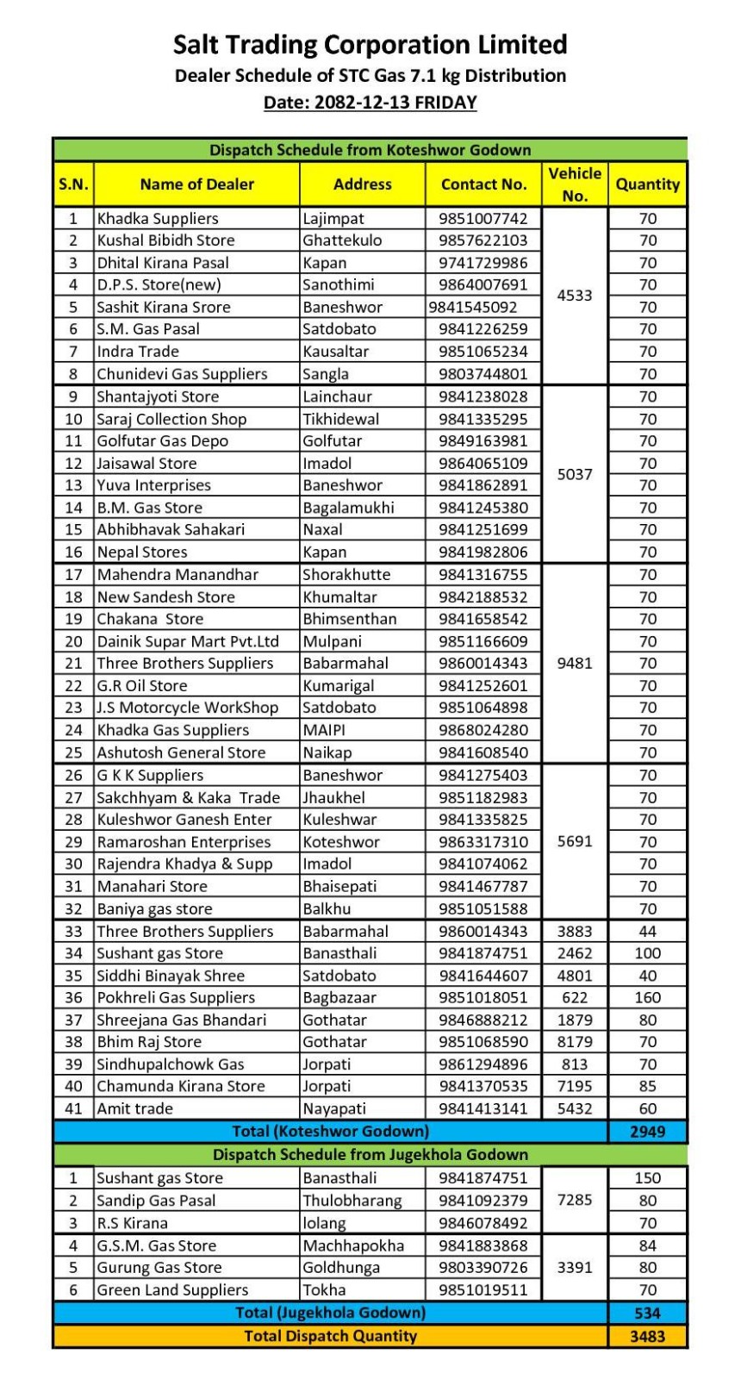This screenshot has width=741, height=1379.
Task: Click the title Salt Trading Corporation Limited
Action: [370, 45]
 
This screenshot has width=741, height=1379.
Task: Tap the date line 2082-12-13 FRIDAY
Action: [370, 103]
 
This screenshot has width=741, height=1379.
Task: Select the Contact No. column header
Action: [483, 184]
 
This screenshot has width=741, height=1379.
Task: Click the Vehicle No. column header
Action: [575, 184]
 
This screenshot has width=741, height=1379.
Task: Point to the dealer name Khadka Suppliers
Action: [158, 219]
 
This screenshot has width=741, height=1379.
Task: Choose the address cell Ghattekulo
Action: [342, 240]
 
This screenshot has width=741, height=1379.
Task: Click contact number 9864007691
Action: [483, 284]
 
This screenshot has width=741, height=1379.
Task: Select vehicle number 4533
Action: [575, 296]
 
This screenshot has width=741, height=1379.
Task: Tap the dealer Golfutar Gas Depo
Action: [163, 441]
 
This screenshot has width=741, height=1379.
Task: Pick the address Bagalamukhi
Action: [349, 508]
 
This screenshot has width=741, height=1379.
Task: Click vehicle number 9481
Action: [575, 664]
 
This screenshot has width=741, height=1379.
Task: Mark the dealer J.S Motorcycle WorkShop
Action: [188, 708]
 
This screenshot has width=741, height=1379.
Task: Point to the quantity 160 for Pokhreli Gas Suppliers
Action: [648, 998]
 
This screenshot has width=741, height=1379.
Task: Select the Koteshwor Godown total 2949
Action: [648, 1132]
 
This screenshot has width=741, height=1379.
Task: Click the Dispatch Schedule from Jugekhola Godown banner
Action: [370, 1155]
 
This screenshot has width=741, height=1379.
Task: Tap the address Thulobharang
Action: [352, 1201]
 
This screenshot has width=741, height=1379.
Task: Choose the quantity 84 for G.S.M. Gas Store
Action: [648, 1245]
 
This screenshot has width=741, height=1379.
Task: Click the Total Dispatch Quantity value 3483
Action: [648, 1337]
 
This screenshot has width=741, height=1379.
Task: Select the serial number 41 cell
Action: [74, 1109]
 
